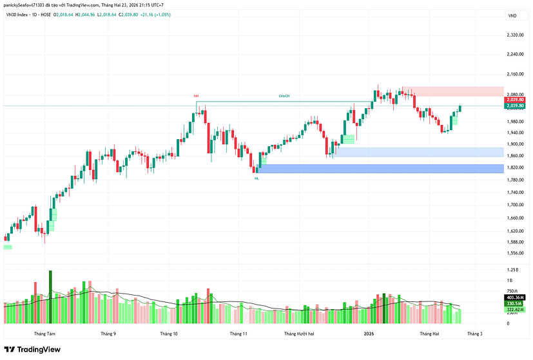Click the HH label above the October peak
(x=195, y=96)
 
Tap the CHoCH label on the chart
(x=284, y=96)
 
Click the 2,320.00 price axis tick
(x=514, y=35)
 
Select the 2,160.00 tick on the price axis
(x=514, y=75)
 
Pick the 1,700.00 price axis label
(x=514, y=205)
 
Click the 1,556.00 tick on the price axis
(x=514, y=253)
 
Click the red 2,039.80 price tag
(x=514, y=100)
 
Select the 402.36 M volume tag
(x=514, y=297)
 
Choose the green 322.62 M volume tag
(x=514, y=309)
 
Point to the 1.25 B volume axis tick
(x=513, y=269)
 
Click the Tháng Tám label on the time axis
(x=44, y=334)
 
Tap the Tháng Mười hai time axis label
(x=299, y=334)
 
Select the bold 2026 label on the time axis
(x=369, y=334)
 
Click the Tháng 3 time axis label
(x=474, y=334)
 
